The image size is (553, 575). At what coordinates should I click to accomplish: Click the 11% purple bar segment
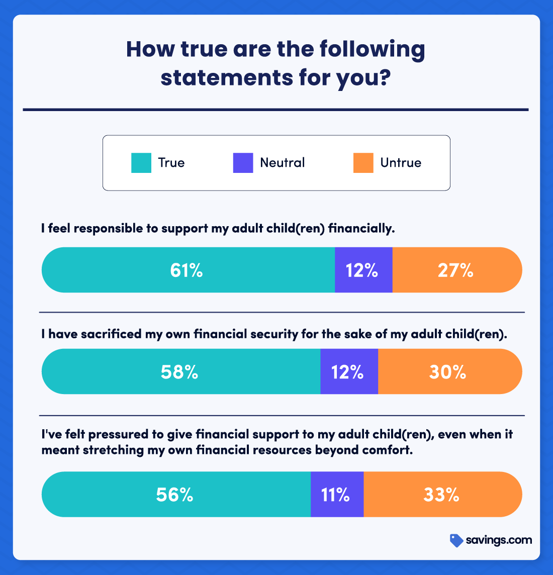click(337, 495)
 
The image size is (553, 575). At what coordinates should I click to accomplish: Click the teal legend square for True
click(141, 163)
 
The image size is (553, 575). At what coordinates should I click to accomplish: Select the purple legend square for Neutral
click(243, 163)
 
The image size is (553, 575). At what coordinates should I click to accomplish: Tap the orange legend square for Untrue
click(363, 163)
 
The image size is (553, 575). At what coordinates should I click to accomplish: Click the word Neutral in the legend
click(283, 163)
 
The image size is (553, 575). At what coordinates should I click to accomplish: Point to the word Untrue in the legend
click(401, 163)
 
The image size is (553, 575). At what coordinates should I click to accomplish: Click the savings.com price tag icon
click(456, 540)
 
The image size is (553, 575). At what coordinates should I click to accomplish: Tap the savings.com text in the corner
click(499, 540)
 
